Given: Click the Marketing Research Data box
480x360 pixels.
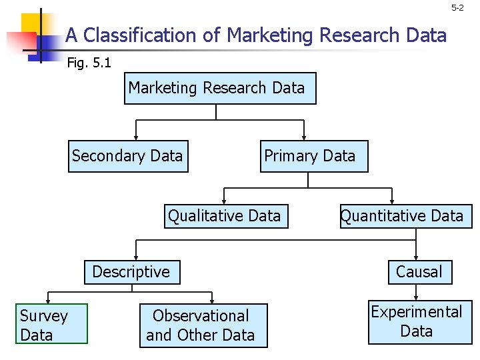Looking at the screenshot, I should (220, 89).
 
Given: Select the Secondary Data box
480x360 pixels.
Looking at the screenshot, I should (128, 156).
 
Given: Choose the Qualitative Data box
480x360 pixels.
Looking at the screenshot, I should (226, 216).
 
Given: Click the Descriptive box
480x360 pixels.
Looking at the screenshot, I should (132, 272).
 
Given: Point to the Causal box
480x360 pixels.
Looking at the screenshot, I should (419, 272).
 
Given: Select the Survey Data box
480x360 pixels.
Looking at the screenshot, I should (52, 325).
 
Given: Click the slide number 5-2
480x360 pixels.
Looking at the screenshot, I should (457, 8).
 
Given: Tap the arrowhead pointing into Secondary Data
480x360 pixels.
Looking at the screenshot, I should (136, 137).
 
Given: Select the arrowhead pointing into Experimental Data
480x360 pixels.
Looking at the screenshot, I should (417, 297).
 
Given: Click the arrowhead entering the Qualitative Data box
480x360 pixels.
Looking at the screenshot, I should (224, 200).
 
